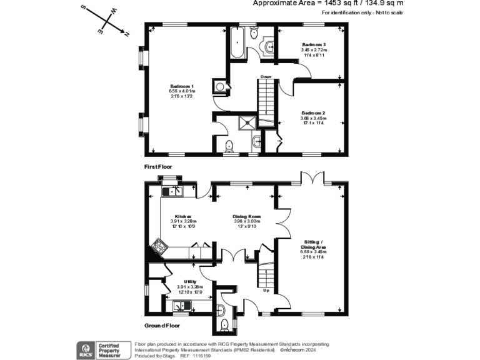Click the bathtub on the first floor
tap(238, 42)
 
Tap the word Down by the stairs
tap(266, 77)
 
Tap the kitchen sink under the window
tap(171, 191)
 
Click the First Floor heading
tap(158, 167)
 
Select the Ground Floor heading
tap(162, 326)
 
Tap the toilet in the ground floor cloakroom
tap(224, 323)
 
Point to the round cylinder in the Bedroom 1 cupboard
tap(220, 87)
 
